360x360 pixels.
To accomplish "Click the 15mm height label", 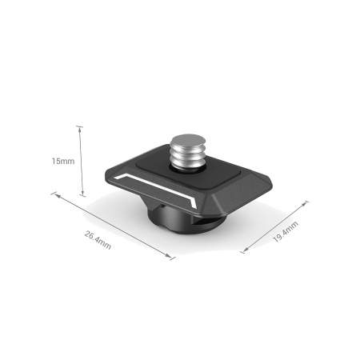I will click(x=62, y=162).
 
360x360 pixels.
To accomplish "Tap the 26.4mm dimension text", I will click(x=98, y=238).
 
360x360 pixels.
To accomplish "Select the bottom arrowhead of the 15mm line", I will click(x=81, y=196).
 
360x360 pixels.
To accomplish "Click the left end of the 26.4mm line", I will click(x=54, y=193).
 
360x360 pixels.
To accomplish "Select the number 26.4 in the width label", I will click(x=94, y=235).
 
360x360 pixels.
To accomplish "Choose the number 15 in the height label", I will click(x=56, y=162).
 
